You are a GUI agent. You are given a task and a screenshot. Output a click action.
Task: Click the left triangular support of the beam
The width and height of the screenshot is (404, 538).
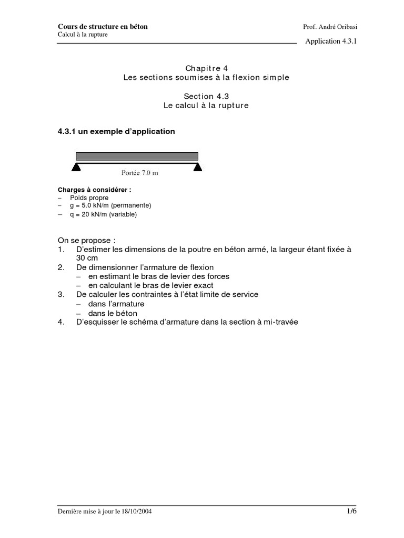point(76,167)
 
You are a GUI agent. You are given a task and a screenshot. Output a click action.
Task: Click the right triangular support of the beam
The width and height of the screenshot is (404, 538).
point(198,167)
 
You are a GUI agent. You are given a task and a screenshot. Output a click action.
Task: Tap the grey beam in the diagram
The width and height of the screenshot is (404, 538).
point(137,156)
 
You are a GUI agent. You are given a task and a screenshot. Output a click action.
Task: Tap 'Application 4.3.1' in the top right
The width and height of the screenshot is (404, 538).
point(331,42)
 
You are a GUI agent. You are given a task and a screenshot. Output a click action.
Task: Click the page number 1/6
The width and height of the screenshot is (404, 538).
point(352,511)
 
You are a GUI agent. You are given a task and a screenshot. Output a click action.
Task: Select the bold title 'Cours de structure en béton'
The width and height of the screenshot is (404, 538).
point(103,27)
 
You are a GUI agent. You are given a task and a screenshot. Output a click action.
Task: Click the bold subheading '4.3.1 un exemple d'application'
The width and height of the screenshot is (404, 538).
point(116,131)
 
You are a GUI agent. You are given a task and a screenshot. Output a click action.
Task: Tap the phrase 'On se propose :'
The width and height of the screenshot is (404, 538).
point(86,240)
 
